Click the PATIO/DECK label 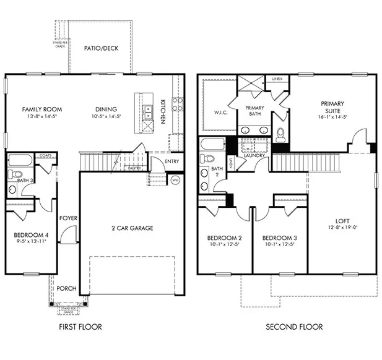coord(101,48)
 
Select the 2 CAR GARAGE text coord(132,228)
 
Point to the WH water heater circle coord(175,180)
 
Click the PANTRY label coord(133,168)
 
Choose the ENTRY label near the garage coord(173,161)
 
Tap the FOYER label coord(67,218)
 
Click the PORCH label coord(66,288)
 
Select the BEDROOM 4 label coord(30,235)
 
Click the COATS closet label coord(45,155)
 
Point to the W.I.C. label coord(212,112)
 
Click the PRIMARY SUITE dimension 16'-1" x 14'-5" coord(332,116)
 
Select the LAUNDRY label coord(254,155)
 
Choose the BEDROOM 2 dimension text coord(224,246)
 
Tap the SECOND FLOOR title coord(294,327)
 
